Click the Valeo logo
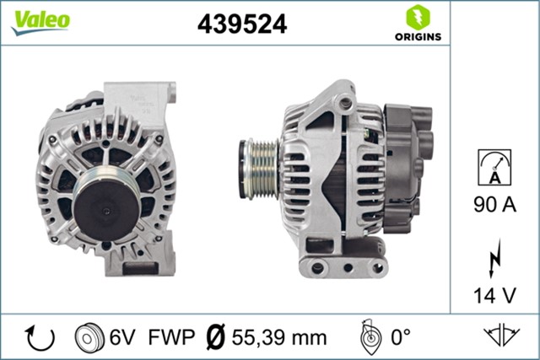coord(40,22)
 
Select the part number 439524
coord(242,24)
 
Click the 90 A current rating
coord(494,202)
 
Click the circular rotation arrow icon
coord(40,337)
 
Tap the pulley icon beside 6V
coord(89,337)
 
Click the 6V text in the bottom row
coord(121,337)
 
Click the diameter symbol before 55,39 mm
coord(215,337)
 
